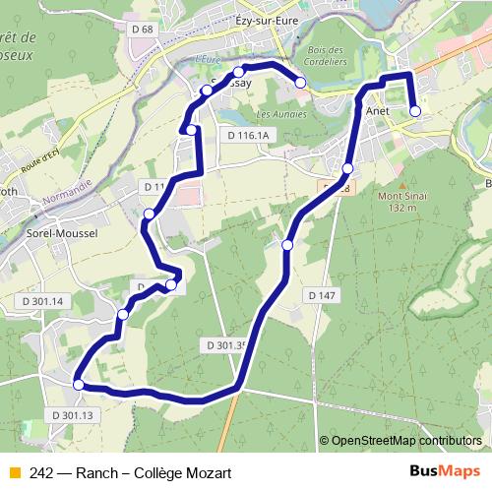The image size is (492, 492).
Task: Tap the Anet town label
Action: [378, 112]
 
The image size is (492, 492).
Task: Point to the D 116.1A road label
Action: [247, 135]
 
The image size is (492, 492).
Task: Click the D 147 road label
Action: [321, 295]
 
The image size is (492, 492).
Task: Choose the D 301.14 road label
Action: [41, 301]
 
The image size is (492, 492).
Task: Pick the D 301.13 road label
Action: [68, 415]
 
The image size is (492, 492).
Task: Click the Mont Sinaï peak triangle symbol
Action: [402, 184]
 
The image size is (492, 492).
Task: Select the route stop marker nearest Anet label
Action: [414, 111]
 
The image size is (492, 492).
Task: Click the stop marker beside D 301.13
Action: [79, 385]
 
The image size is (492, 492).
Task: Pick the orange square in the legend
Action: [14, 470]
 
